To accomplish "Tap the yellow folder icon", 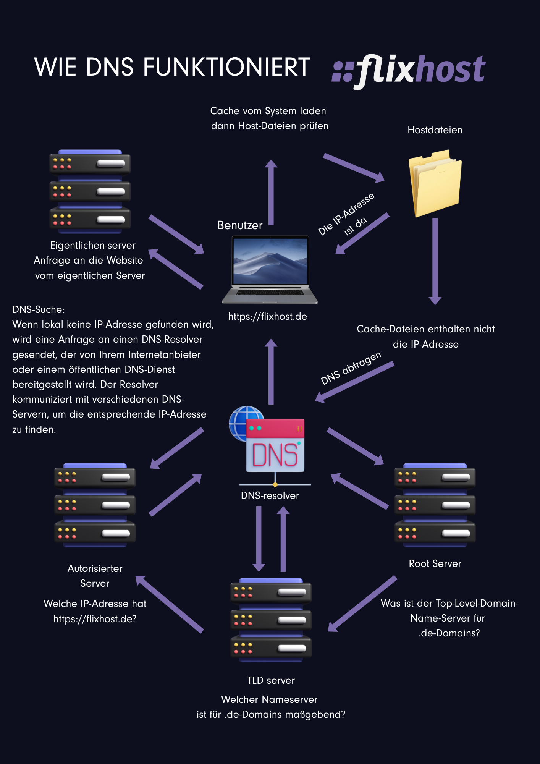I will point(435,183).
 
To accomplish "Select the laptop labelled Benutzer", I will point(270,269).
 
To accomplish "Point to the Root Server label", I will point(435,563).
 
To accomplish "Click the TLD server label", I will point(271,680).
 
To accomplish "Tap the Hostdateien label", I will point(435,130).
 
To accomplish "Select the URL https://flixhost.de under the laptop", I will point(268,317).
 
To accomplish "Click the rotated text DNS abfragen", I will point(351,368).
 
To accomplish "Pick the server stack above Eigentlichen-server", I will point(90,191).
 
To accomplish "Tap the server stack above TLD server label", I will point(271,620).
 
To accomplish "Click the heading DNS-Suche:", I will point(39,309).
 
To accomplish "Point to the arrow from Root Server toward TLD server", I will point(362,604).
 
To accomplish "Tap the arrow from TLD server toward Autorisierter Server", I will point(170,604).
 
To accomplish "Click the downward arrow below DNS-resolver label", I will point(259,539).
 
